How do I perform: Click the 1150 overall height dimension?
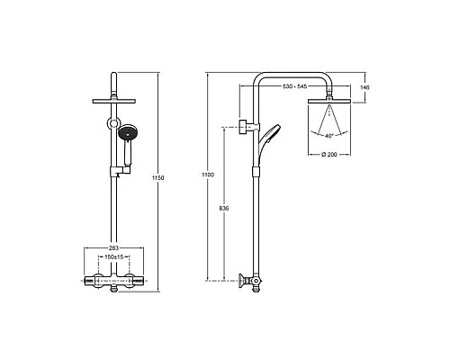[x=158, y=178]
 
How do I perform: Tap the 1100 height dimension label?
[x=208, y=175]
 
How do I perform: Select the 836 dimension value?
[x=224, y=208]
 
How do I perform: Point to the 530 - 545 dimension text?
[x=294, y=86]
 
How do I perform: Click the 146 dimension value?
[x=364, y=87]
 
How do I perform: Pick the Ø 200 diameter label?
[x=329, y=155]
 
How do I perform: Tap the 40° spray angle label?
[x=329, y=136]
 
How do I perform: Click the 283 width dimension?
[x=113, y=248]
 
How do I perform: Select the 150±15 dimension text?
[x=114, y=257]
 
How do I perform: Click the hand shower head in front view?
[x=128, y=133]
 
